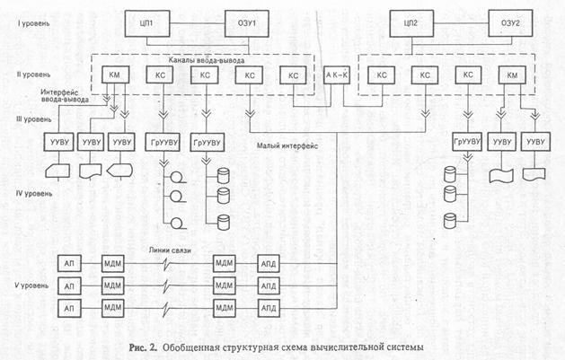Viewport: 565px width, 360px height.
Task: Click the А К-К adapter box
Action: (338, 75)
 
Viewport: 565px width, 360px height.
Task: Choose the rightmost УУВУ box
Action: (536, 145)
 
